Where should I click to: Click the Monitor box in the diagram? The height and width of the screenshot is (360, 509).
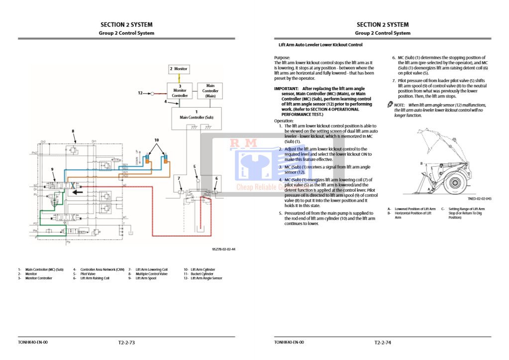click(x=179, y=69)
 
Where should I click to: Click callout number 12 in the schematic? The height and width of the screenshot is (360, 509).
click(x=140, y=93)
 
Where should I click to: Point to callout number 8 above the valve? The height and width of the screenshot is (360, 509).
click(x=73, y=131)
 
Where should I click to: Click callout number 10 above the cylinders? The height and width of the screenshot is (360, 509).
click(x=156, y=140)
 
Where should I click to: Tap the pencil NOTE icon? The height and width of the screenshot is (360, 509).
click(x=390, y=105)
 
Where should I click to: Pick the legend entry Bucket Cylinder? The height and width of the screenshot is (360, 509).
click(x=202, y=274)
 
